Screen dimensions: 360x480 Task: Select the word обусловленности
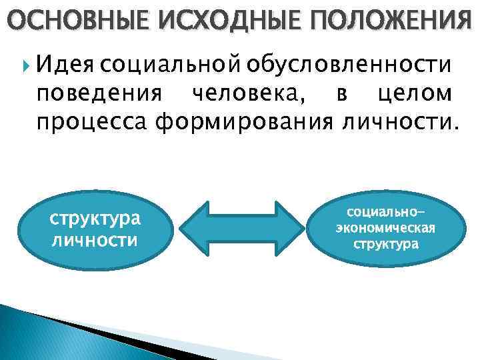coord(349,67)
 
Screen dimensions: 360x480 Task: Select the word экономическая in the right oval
coord(386,228)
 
